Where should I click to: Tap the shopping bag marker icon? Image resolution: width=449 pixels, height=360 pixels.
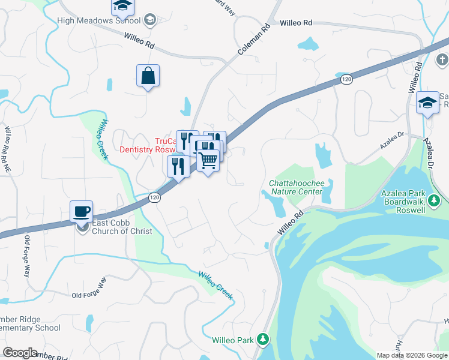click(x=148, y=76)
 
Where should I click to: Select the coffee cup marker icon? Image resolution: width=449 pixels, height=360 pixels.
click(x=81, y=211)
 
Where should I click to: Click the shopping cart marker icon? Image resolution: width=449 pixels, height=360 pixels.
click(x=208, y=160)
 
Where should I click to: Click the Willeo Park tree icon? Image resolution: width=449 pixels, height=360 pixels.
click(x=262, y=340)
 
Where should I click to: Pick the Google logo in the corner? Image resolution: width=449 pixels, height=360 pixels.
click(x=20, y=353)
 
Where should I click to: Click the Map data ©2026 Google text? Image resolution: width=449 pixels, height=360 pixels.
click(x=412, y=355)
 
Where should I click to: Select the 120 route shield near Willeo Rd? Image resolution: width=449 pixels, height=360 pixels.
click(x=346, y=79)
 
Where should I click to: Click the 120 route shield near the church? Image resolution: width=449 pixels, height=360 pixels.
click(x=154, y=197)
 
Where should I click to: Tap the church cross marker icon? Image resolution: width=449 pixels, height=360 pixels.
click(x=442, y=60)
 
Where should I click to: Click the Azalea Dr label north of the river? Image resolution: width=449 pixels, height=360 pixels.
click(x=393, y=142)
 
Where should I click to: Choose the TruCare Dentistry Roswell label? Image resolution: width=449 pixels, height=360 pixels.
click(x=148, y=145)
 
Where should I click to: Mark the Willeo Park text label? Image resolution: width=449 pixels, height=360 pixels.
click(x=234, y=340)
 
